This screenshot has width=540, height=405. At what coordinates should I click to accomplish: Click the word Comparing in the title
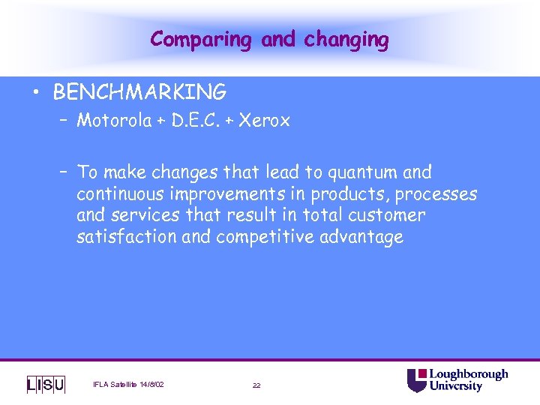click(200, 40)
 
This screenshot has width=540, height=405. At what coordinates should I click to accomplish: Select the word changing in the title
click(346, 40)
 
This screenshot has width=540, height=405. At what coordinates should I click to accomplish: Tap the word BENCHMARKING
click(139, 93)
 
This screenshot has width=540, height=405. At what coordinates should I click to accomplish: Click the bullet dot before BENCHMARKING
click(35, 94)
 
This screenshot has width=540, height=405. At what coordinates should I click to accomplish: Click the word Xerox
click(265, 121)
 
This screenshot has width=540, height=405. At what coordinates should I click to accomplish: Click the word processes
click(436, 194)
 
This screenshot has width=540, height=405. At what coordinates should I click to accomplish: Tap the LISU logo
click(46, 385)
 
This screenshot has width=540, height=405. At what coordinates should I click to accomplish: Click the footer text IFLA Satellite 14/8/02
click(128, 385)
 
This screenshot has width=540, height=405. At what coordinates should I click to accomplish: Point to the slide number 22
click(256, 385)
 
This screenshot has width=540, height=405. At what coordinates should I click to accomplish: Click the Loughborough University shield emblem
click(417, 380)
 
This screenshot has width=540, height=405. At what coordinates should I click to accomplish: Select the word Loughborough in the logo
click(468, 374)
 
